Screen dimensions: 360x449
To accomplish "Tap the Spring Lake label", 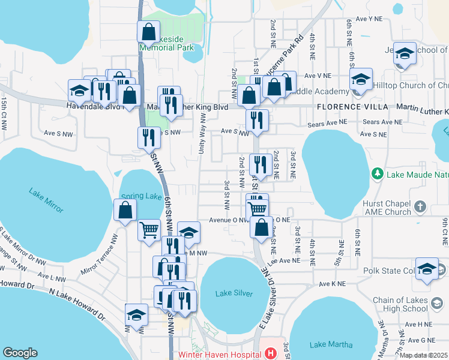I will point(141,196).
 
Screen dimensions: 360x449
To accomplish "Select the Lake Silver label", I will point(234,293).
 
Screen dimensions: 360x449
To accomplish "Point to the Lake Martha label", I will point(327,344).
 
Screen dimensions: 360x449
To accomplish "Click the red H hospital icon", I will point(271,353).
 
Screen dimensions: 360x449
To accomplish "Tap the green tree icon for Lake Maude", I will point(378,175).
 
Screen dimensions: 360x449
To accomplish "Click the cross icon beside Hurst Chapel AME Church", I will point(421,208).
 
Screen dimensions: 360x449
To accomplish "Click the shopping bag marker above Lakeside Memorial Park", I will point(148,32).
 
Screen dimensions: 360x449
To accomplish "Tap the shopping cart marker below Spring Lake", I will point(149,230).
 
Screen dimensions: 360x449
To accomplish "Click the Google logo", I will point(20,353).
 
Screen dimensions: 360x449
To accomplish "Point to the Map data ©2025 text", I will point(423,355).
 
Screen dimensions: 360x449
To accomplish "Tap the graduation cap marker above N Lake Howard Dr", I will point(136,315).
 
